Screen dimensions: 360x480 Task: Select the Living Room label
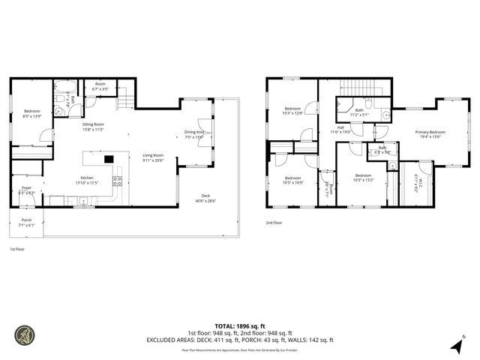153,155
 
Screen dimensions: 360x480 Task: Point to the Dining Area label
194,133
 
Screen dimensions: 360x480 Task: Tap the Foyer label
25,189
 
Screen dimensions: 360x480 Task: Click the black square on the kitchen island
108,158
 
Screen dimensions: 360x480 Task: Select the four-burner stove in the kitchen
117,180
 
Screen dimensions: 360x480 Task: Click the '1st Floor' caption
18,248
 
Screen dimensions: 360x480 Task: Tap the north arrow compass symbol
457,345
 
